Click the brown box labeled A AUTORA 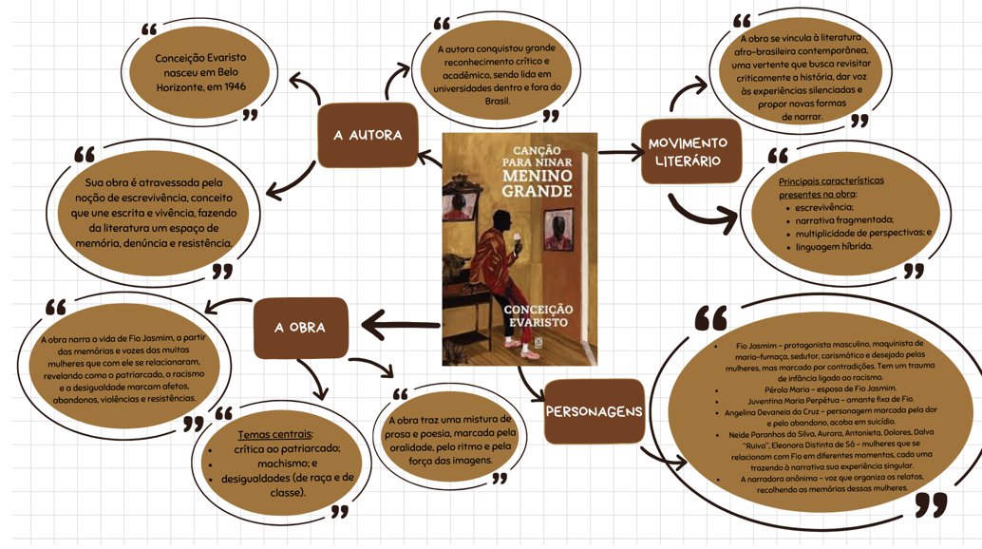point(368,135)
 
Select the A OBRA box point(301,328)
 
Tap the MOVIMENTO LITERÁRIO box point(690,151)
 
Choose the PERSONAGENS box point(594,411)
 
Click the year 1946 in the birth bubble point(236,86)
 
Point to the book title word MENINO point(538,176)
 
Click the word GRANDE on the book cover point(538,191)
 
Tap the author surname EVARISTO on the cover point(538,322)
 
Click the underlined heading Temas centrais point(274,434)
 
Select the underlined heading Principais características point(831,180)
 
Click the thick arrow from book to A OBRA point(401,325)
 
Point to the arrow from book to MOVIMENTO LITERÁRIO point(621,152)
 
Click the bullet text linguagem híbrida point(834,247)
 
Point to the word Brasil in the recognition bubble point(498,101)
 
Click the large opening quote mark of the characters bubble point(710,318)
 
